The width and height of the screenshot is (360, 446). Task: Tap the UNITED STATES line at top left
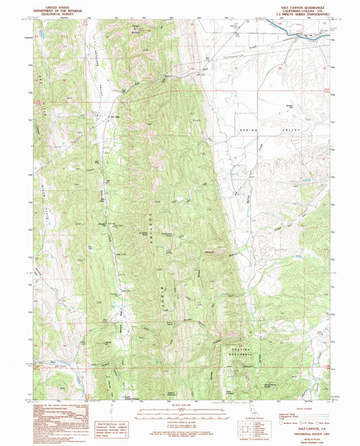coord(60,5)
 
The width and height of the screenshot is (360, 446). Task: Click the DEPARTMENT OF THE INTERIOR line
coord(60,9)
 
